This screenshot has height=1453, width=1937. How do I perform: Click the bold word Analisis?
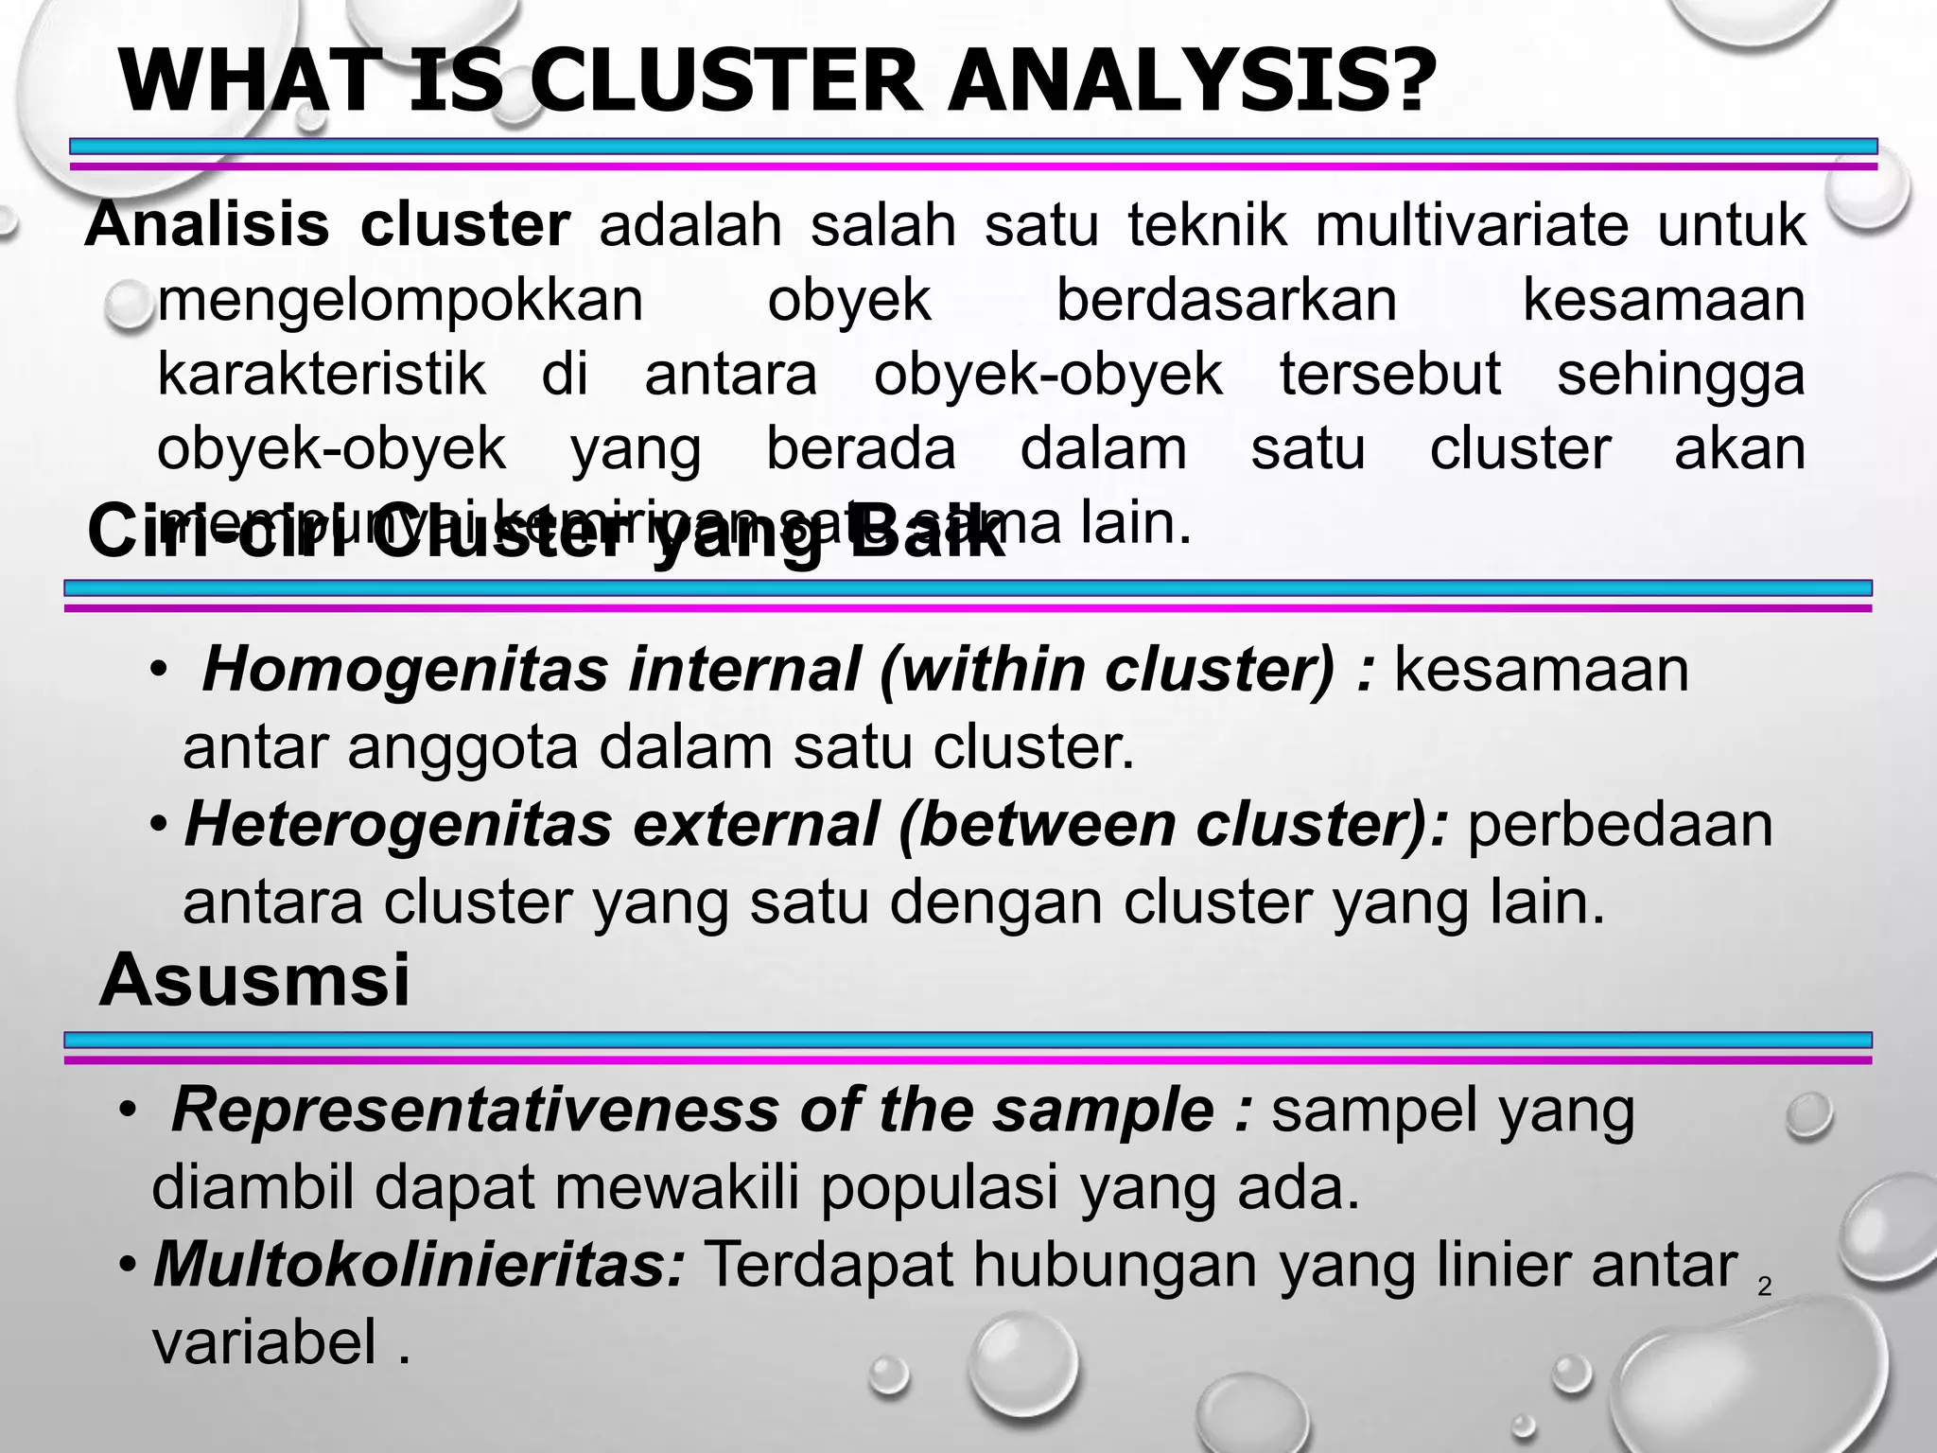pyautogui.click(x=208, y=226)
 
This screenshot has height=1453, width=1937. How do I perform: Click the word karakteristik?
pyautogui.click(x=321, y=375)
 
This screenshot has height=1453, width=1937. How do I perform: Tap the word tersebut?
pyautogui.click(x=1389, y=375)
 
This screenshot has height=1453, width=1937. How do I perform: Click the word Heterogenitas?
pyautogui.click(x=398, y=824)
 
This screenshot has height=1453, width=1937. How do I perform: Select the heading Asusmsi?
pyautogui.click(x=254, y=981)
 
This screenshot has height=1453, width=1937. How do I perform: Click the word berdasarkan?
pyautogui.click(x=1226, y=301)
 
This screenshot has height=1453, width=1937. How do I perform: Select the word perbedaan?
pyautogui.click(x=1620, y=824)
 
